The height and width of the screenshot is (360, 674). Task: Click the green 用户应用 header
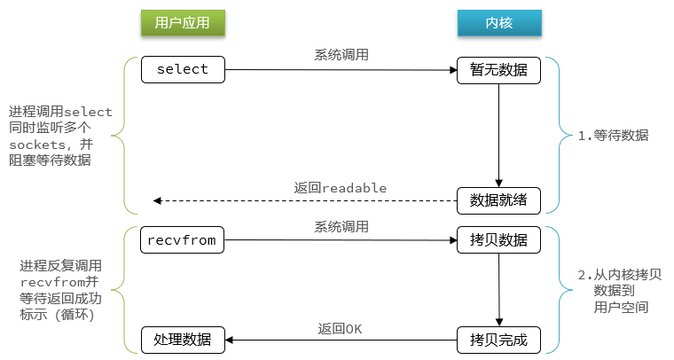tap(183, 23)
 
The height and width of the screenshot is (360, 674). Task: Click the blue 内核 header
tap(498, 23)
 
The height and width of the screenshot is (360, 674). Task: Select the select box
tap(183, 70)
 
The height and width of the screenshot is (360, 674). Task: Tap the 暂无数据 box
tap(498, 70)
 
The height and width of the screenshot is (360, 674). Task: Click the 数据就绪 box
tap(498, 200)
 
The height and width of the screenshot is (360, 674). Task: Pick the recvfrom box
tap(183, 239)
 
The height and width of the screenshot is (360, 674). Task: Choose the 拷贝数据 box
tap(498, 239)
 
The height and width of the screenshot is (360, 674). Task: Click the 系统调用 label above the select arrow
tap(341, 55)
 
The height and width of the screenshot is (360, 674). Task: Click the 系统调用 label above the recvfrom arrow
tap(341, 226)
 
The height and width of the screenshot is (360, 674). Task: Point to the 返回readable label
tap(341, 188)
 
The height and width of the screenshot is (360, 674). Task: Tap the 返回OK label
tap(341, 329)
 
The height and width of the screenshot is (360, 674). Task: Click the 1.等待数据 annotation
tap(613, 137)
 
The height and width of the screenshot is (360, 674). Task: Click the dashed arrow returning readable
tap(302, 201)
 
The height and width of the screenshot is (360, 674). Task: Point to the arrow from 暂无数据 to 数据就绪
tap(498, 133)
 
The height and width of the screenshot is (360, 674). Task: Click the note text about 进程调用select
tap(60, 136)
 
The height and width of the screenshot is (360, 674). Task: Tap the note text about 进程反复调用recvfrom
tap(61, 290)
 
